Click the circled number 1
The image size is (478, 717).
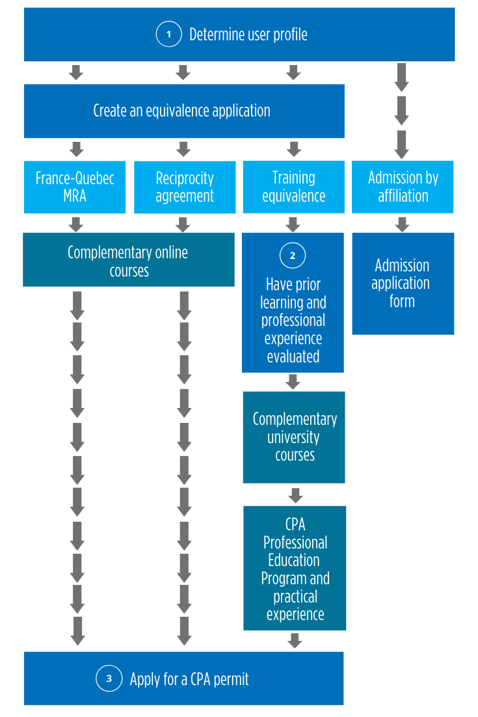168,34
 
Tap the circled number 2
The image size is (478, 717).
293,255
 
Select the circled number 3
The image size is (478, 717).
109,678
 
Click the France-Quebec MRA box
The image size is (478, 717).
75,187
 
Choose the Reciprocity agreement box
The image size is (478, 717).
185,187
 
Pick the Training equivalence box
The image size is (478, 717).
294,187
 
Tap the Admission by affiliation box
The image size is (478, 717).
403,187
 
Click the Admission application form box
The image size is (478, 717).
403,284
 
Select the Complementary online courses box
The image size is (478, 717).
129,260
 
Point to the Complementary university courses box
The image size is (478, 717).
294,437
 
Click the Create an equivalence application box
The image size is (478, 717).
184,111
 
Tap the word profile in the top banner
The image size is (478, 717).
290,34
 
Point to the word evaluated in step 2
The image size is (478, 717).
293,356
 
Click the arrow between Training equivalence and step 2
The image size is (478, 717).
293,224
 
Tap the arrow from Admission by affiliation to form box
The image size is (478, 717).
402,224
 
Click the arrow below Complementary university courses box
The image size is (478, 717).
296,495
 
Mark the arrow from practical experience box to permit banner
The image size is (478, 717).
295,641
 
